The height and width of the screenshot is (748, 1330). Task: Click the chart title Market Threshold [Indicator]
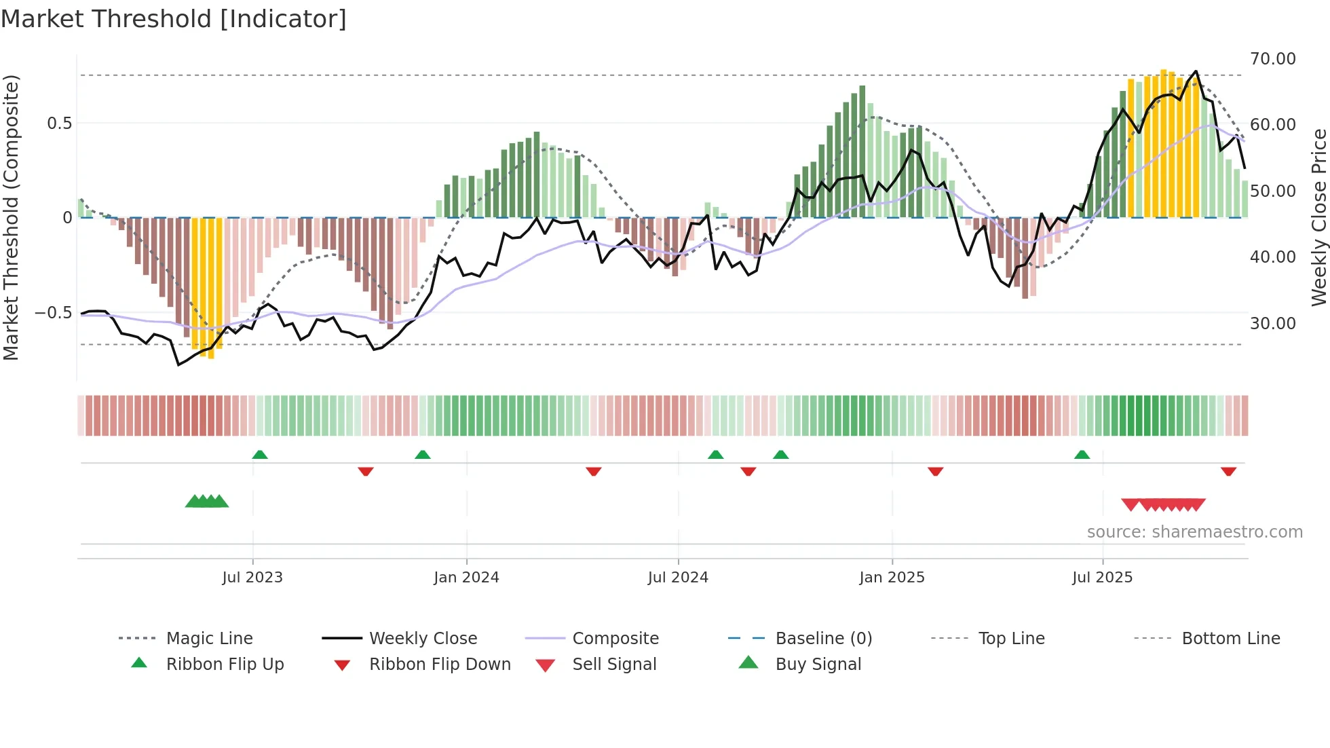[x=174, y=19]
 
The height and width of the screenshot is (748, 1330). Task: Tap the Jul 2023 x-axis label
[x=252, y=578]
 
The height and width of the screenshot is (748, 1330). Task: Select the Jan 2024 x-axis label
[x=466, y=578]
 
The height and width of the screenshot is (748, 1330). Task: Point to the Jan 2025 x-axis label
[x=892, y=578]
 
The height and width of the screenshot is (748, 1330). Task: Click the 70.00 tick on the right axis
[x=1272, y=59]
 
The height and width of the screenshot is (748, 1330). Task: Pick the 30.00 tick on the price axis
[x=1272, y=324]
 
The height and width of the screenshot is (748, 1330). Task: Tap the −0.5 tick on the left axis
[x=53, y=313]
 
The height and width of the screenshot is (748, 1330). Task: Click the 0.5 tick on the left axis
[x=59, y=124]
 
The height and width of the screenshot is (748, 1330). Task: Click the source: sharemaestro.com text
[x=1194, y=532]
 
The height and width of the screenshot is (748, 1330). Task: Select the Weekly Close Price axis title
[x=1318, y=217]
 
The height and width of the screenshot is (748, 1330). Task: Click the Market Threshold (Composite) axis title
[x=11, y=217]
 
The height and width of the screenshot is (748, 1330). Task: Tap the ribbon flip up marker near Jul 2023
[x=260, y=455]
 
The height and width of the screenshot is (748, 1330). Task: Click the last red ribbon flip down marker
[x=1228, y=471]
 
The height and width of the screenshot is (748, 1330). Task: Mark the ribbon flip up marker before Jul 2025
[x=1082, y=455]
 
